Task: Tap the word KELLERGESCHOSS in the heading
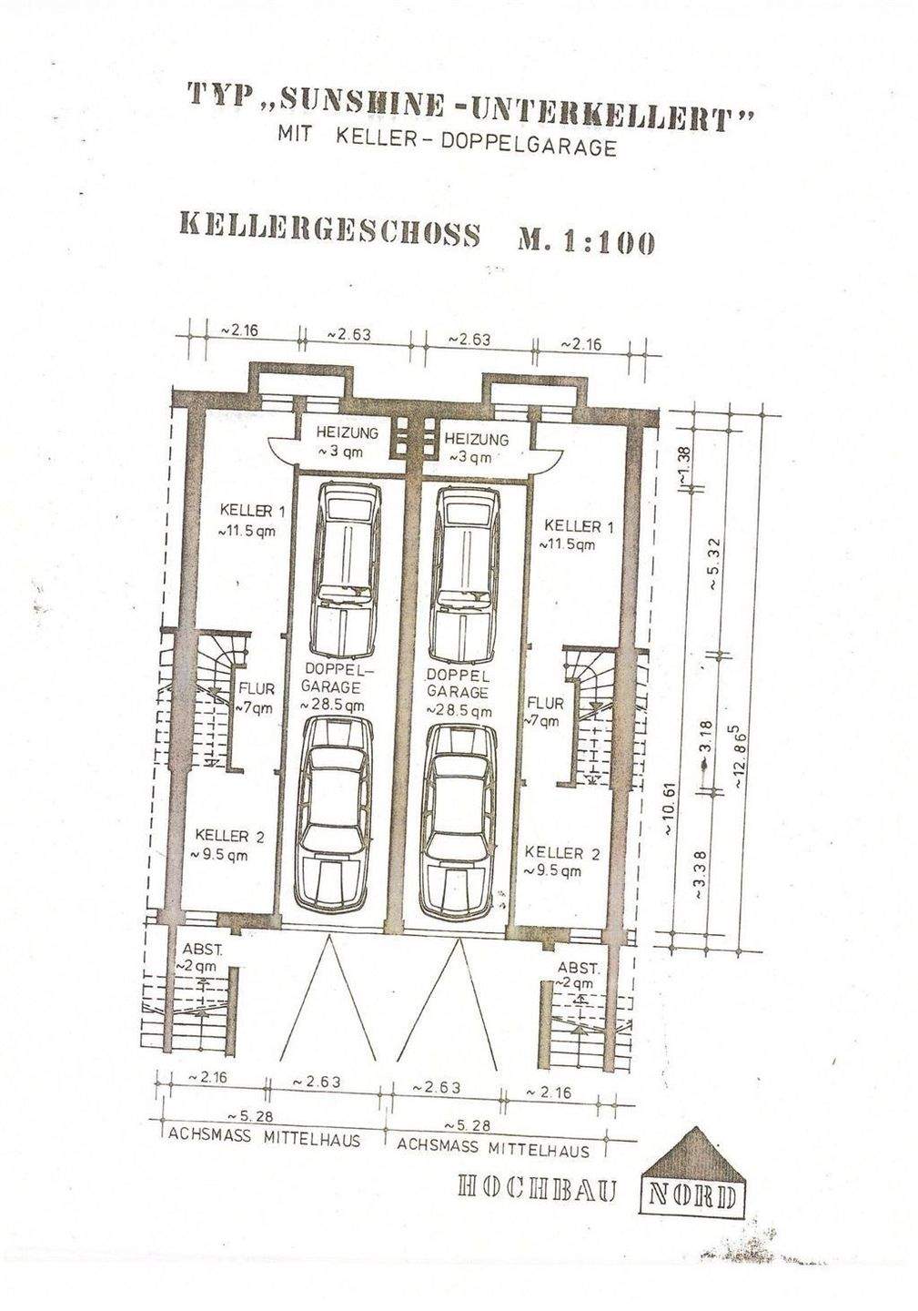click(325, 231)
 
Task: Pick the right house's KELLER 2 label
click(561, 861)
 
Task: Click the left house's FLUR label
click(255, 697)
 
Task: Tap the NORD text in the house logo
click(693, 1194)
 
